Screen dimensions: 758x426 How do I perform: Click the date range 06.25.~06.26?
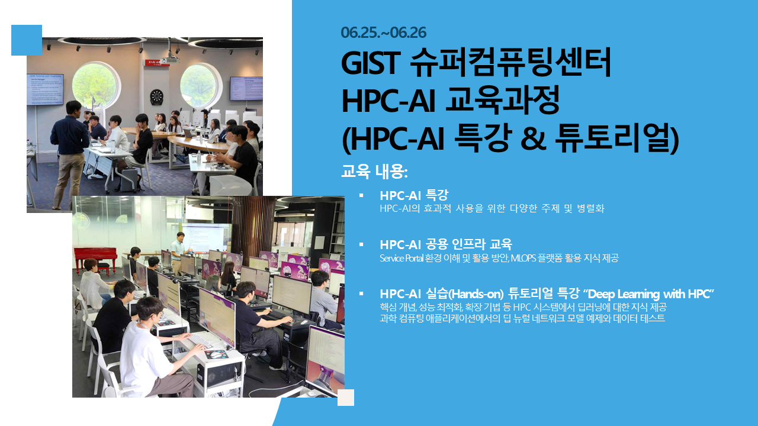point(383,33)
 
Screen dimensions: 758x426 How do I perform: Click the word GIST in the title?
point(371,63)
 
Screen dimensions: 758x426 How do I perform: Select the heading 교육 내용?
point(375,172)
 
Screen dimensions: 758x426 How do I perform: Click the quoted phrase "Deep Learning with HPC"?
point(648,294)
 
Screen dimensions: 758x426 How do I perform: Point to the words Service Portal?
point(402,259)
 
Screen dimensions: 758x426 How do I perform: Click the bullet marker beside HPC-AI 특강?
point(361,195)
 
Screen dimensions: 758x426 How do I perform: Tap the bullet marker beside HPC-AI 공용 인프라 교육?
point(361,244)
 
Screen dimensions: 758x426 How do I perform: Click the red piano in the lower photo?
point(95,259)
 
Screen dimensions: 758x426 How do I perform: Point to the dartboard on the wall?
point(156,97)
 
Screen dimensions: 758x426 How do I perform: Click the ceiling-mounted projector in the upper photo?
point(170,60)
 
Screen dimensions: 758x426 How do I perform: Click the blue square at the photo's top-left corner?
point(27,40)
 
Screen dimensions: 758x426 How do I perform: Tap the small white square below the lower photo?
point(346,397)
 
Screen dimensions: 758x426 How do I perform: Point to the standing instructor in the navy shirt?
point(69,154)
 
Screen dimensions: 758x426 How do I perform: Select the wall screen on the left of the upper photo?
point(45,89)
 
